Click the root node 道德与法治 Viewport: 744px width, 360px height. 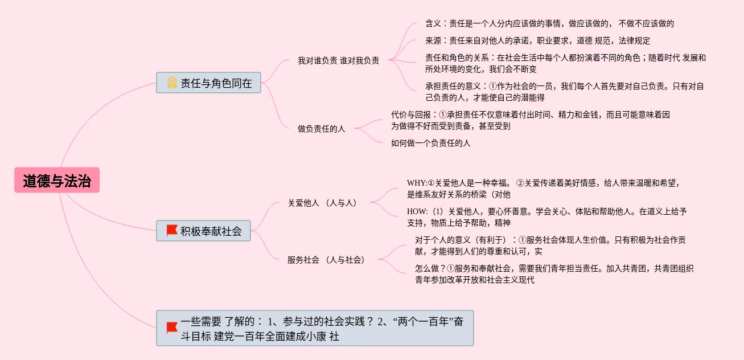[57, 181]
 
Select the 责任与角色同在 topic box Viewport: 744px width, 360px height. [208, 83]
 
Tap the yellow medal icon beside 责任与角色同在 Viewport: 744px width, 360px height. [172, 83]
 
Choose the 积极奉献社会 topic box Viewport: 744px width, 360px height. [203, 231]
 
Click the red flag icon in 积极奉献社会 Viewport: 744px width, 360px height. [172, 231]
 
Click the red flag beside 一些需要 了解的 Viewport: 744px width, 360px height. [172, 328]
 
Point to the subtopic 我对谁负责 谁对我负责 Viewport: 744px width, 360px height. [338, 60]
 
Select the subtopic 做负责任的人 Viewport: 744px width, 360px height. [321, 129]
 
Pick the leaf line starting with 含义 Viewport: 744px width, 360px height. [549, 23]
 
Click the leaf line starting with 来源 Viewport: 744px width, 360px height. [537, 40]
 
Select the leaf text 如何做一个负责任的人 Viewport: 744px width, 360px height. [430, 143]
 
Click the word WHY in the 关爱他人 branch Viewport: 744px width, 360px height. [416, 183]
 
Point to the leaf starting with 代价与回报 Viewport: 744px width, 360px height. [530, 120]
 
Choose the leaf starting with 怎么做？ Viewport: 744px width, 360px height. [554, 274]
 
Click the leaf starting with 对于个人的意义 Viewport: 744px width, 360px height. [550, 246]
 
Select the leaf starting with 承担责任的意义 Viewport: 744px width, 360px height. [564, 92]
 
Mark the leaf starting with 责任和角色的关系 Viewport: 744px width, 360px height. [565, 63]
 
